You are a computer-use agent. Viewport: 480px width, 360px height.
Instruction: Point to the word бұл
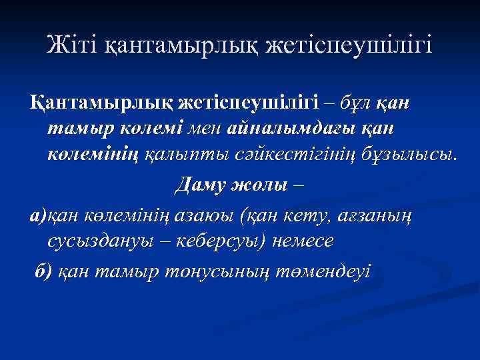coord(359,104)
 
